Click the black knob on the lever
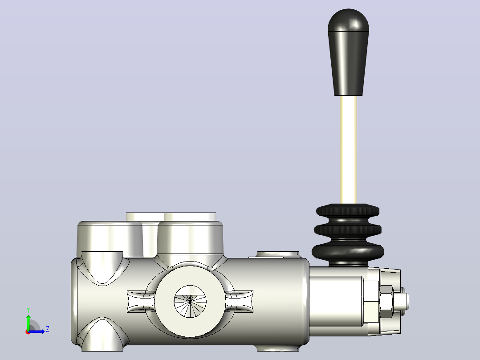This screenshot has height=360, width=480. [348, 52]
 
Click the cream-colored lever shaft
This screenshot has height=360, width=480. [348, 150]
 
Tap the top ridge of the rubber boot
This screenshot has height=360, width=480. [348, 211]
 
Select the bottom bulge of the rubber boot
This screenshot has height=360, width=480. [348, 251]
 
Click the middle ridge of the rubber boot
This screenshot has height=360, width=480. [348, 230]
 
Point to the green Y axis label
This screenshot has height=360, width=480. [28, 310]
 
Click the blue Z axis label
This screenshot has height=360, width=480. [48, 329]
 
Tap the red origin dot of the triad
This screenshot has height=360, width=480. [28, 332]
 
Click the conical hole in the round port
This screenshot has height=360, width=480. [190, 302]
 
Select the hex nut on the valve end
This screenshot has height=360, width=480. [386, 302]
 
